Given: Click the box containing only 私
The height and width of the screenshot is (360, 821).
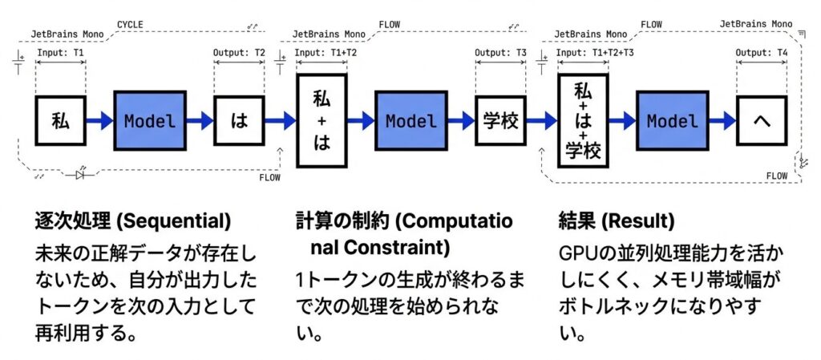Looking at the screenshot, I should tap(61, 121).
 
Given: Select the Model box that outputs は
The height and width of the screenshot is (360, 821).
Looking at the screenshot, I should tap(150, 121).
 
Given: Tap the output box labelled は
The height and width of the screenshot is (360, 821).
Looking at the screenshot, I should tap(239, 121).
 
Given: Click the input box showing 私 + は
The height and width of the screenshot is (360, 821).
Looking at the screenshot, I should tap(321, 121).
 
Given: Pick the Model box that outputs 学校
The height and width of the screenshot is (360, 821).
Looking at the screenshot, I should tap(411, 121).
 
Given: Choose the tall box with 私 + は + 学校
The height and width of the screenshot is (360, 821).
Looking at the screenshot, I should tap(583, 121).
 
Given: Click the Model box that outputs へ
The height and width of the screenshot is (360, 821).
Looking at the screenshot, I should tap(673, 121).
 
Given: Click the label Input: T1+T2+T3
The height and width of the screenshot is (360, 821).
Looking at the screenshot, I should tap(593, 53).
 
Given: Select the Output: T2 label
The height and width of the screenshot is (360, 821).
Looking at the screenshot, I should tap(239, 53).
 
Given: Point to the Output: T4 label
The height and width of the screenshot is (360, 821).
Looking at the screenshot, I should tap(762, 53).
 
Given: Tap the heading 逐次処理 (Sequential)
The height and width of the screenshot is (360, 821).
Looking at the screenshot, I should tap(132, 220).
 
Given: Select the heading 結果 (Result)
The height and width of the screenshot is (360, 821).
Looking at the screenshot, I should tap(616, 220).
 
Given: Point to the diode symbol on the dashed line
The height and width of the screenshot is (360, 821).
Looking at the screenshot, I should tap(80, 175).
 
